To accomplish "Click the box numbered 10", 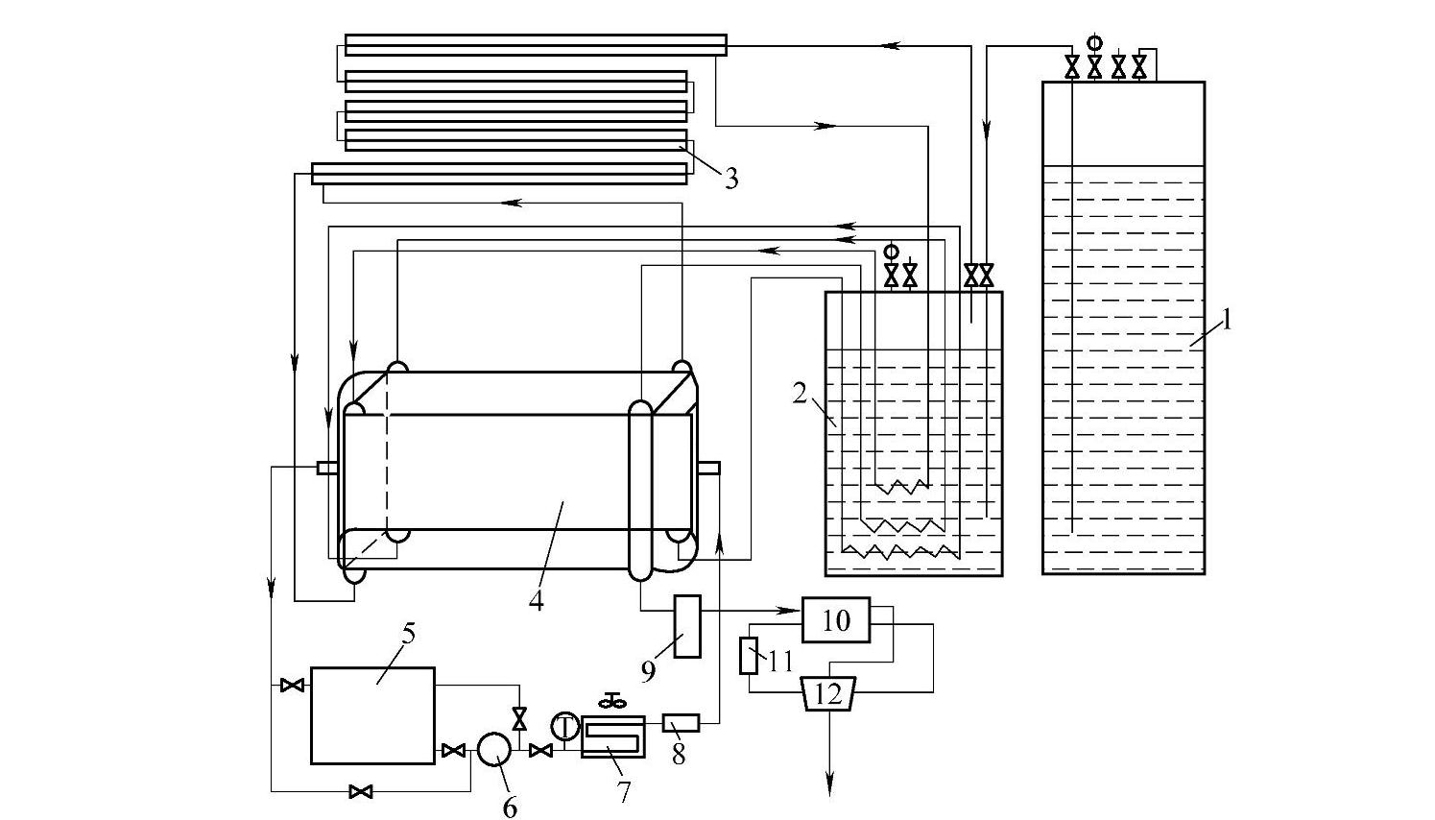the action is tap(836, 619).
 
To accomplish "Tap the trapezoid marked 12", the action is tap(829, 693).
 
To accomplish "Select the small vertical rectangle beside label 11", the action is tap(749, 656).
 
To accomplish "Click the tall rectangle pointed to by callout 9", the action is tap(687, 626).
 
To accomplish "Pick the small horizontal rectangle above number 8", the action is tap(681, 723).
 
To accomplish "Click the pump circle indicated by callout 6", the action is tap(494, 750).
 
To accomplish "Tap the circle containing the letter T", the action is tap(565, 727).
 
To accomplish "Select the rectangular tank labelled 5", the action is tap(372, 715).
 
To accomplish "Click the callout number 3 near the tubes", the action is tap(731, 178).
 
